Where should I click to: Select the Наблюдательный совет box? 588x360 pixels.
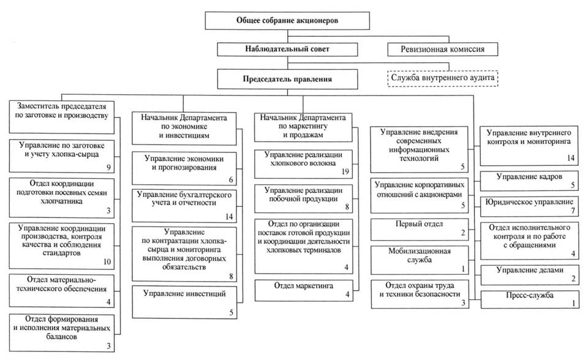287,50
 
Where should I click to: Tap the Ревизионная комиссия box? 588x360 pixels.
441,50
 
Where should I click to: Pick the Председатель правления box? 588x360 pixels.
287,78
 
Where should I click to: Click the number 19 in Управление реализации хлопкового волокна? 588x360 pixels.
345,173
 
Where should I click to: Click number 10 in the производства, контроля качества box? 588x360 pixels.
107,261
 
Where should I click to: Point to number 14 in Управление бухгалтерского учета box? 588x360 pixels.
228,216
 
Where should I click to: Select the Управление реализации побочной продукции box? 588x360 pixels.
304,197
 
